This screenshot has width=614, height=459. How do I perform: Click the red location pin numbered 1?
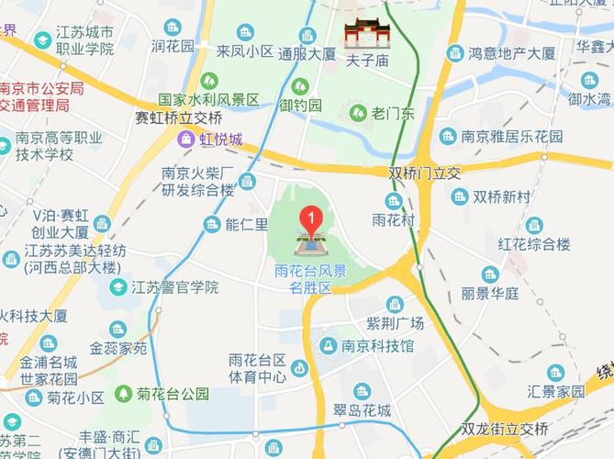311,220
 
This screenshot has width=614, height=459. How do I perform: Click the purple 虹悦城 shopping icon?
186,140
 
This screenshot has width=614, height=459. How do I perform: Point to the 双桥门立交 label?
423,172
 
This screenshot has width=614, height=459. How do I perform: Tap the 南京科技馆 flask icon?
327,346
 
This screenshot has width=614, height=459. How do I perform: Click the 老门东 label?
394,113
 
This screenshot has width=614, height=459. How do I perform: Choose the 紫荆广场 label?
395,323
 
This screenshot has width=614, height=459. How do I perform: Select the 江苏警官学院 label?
175,286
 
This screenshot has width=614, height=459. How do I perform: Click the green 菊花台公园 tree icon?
123,394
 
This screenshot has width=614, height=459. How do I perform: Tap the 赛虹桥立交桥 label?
178,118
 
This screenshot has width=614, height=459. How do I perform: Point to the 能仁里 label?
247,224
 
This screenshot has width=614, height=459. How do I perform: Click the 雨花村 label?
394,219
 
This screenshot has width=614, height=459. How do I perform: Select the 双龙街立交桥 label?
505,429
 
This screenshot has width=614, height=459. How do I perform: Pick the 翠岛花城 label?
363,410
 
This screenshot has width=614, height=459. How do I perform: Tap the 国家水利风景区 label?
208,99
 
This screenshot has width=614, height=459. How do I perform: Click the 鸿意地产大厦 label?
512,53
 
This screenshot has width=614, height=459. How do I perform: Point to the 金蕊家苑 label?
118,349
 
